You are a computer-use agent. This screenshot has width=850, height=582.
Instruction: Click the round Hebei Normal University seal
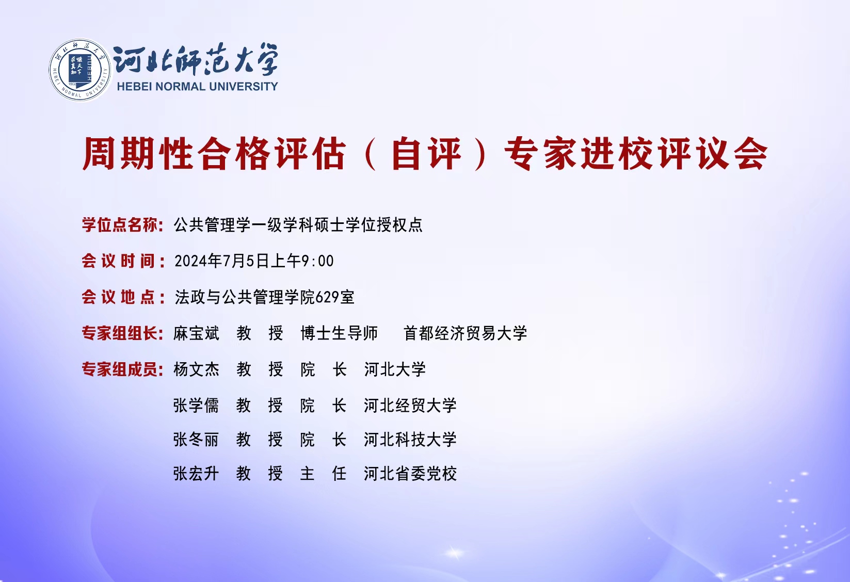point(80,70)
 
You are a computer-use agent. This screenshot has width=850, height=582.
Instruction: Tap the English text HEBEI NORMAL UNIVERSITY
point(197,87)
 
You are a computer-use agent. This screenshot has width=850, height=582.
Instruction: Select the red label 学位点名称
point(120,224)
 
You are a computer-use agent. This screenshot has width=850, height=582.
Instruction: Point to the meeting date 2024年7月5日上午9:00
point(254,261)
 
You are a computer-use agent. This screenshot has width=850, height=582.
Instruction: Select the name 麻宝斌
point(196,333)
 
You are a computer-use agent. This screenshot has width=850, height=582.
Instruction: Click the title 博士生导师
point(339,333)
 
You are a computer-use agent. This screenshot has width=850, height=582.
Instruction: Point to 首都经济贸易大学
point(465,333)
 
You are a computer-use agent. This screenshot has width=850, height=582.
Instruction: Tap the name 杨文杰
point(196,369)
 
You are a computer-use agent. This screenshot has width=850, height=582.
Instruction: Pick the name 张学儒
point(196,405)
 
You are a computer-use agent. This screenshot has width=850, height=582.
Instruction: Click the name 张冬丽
point(196,440)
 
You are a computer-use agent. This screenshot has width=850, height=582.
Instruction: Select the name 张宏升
point(196,474)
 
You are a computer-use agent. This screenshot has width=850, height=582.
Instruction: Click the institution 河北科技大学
point(410,440)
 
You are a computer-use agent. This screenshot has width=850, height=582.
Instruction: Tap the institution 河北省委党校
point(410,474)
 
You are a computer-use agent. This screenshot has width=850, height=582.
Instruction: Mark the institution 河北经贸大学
point(410,405)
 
